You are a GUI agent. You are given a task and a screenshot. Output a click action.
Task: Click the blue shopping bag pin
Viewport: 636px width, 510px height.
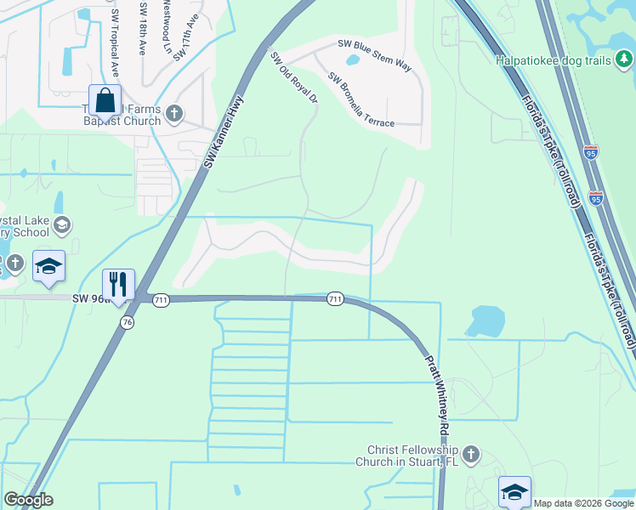[x=105, y=101]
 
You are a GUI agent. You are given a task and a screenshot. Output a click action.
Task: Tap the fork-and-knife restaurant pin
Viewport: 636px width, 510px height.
[x=118, y=285]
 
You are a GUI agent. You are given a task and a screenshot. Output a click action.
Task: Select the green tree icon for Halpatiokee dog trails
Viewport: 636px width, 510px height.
[x=624, y=59]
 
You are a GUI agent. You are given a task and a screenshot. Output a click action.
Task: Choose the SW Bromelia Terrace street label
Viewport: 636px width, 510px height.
[x=361, y=99]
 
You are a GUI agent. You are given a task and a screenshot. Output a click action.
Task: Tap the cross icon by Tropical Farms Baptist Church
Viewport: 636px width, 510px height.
[x=174, y=112]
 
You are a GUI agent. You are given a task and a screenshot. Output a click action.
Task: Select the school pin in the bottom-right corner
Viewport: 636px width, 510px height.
[x=514, y=492]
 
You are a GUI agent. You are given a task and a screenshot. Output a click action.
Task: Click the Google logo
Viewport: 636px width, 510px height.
[x=28, y=500]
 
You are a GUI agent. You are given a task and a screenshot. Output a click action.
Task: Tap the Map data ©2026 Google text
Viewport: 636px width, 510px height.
[x=583, y=503]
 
